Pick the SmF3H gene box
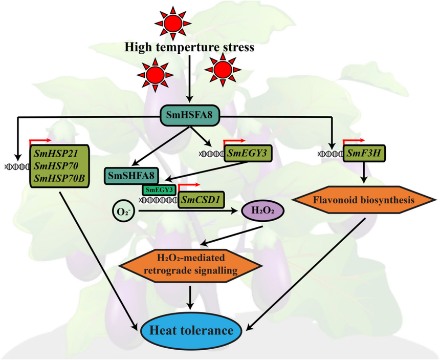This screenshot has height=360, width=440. click(364, 152)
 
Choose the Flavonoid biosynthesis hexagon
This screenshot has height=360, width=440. click(364, 200)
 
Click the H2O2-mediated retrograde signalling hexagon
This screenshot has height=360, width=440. click(191, 263)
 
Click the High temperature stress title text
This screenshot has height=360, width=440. click(189, 49)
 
